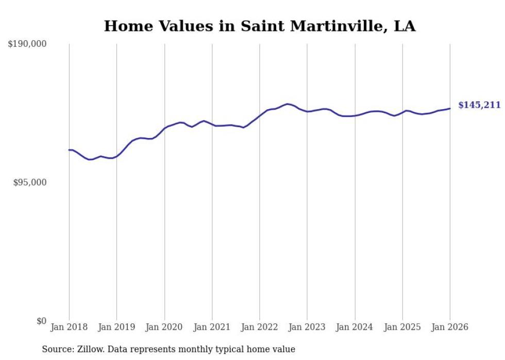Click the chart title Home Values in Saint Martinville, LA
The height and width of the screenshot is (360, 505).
pyautogui.click(x=260, y=26)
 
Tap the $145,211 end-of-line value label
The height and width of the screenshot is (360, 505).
pyautogui.click(x=479, y=105)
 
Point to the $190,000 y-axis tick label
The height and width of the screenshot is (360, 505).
pyautogui.click(x=27, y=44)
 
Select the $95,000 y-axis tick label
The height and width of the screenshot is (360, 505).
pyautogui.click(x=30, y=182)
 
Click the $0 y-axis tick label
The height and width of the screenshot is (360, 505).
pyautogui.click(x=41, y=321)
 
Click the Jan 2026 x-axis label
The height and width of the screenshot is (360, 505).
pyautogui.click(x=450, y=327)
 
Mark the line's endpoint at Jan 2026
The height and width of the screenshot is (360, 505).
pyautogui.click(x=450, y=108)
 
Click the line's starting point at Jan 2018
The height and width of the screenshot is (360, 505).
pyautogui.click(x=69, y=150)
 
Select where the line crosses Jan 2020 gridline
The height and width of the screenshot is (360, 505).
pyautogui.click(x=164, y=128)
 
